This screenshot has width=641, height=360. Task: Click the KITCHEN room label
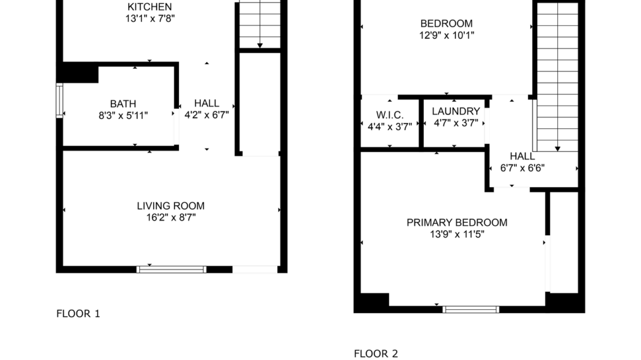[x=150, y=7]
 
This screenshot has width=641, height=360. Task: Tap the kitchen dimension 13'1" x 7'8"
[x=150, y=18]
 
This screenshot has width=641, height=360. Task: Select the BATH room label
[x=123, y=104]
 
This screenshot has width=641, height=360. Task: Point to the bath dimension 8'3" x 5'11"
[x=123, y=116]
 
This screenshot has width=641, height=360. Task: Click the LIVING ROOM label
[x=170, y=206]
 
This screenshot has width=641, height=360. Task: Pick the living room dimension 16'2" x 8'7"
[x=170, y=218]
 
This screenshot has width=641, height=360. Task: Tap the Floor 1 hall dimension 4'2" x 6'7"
[x=206, y=115]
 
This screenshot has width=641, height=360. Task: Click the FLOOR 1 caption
[x=78, y=314]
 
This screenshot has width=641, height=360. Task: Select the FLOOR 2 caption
[x=376, y=354]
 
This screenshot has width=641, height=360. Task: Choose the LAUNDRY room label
[x=456, y=112]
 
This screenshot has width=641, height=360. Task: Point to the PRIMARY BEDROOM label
[x=457, y=222]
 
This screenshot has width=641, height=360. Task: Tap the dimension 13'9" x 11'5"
[x=457, y=235]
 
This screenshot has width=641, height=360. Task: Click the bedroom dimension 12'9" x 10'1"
[x=446, y=35]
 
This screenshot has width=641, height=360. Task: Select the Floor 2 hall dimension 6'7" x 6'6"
[x=522, y=169]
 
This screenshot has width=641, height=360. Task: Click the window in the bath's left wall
[x=59, y=101]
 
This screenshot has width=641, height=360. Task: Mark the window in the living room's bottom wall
[x=172, y=269]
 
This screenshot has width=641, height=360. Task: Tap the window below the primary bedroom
[x=471, y=309]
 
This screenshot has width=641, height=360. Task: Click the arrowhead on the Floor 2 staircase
[x=557, y=149]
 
